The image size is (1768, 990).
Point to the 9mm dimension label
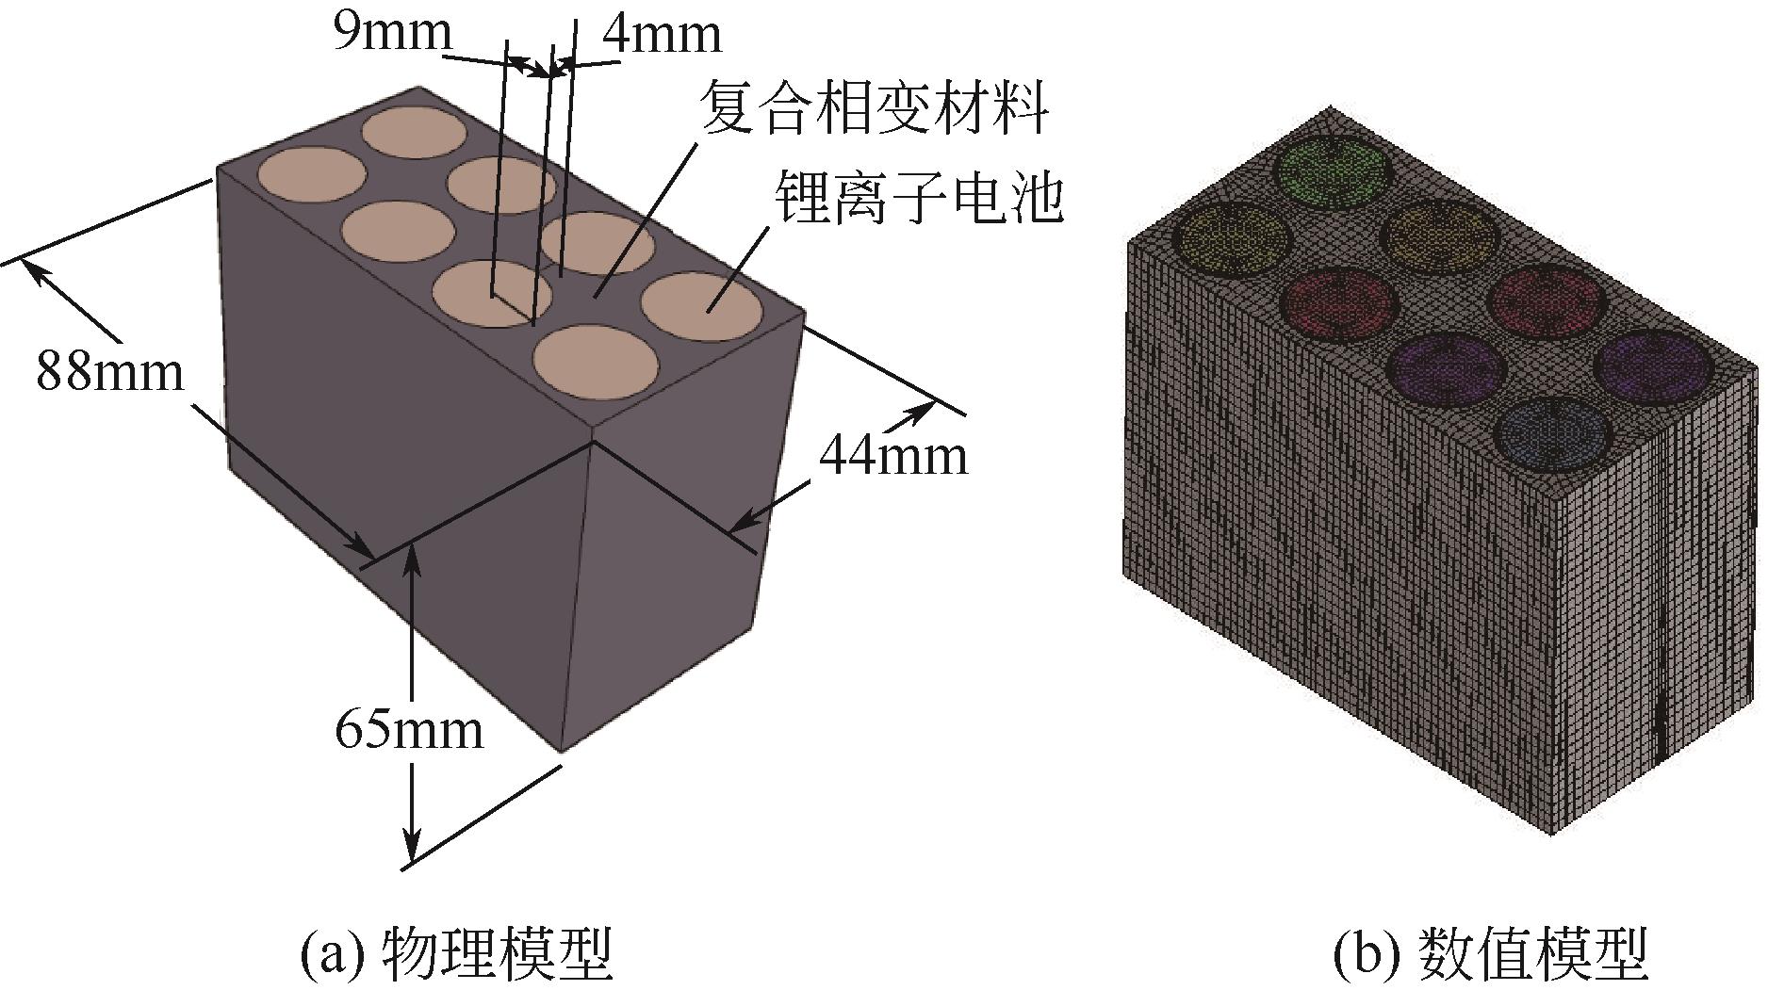[392, 33]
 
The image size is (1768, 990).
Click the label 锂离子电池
[918, 198]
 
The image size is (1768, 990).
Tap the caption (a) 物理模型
[456, 953]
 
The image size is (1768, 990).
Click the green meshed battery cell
[1332, 171]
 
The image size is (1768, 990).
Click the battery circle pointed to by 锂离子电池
[702, 307]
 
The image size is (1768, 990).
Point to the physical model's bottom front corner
[563, 752]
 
